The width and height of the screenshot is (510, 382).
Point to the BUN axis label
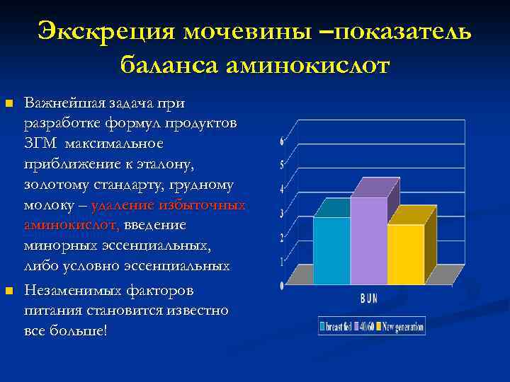[x=369, y=299]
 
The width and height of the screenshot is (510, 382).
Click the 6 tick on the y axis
[x=282, y=141]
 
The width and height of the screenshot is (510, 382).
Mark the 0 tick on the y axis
[x=282, y=286]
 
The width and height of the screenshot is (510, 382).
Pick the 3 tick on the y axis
[x=282, y=214]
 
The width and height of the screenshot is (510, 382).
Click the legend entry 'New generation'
[x=403, y=327]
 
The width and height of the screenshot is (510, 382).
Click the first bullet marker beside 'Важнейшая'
[x=9, y=104]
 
